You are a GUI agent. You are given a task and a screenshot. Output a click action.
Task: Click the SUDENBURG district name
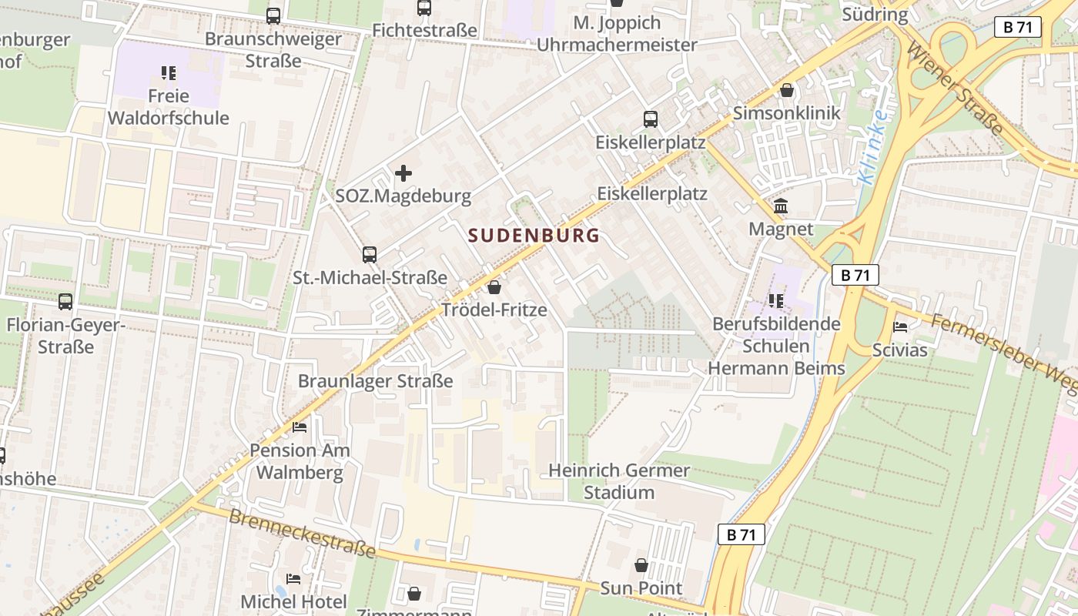(x=534, y=236)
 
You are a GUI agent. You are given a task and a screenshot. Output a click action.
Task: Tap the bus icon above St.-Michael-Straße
(x=370, y=255)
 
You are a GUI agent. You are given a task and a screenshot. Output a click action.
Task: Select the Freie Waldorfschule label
(x=168, y=107)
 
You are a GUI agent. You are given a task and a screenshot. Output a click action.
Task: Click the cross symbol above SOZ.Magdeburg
(x=403, y=173)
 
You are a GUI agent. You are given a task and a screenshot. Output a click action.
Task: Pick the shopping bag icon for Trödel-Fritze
(x=494, y=288)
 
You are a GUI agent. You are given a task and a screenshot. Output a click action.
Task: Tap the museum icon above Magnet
(x=781, y=206)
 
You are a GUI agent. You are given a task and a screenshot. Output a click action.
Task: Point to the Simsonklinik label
(x=786, y=113)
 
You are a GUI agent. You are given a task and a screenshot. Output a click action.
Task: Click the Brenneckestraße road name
(x=301, y=533)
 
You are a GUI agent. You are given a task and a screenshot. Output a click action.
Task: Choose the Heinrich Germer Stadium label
(x=619, y=481)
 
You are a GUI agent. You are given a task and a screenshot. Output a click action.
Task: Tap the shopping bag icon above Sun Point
(x=641, y=566)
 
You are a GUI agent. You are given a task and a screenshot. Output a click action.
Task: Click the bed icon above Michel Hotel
(x=293, y=578)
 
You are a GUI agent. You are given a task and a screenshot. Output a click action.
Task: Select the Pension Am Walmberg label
(x=300, y=461)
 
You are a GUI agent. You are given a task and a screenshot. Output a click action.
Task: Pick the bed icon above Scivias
(x=900, y=327)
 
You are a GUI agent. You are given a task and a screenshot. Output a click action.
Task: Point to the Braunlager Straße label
(x=375, y=381)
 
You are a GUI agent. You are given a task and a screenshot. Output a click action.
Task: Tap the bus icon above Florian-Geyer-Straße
(x=65, y=302)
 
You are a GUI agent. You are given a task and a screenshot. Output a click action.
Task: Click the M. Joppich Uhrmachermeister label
(x=616, y=34)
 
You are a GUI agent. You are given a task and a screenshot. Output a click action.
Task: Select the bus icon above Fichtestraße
(x=424, y=8)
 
